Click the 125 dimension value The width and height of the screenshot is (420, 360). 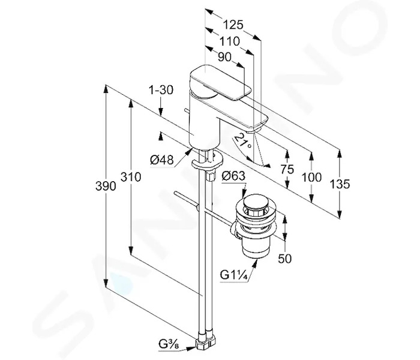233,25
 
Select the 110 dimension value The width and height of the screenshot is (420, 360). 230,41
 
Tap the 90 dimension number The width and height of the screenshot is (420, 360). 224,57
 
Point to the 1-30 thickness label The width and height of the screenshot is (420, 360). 161,90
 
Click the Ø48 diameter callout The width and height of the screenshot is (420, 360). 162,160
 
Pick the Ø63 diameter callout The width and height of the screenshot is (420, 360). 233,176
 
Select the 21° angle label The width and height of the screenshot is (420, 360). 243,141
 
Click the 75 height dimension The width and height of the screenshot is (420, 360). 287,169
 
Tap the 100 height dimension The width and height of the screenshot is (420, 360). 311,177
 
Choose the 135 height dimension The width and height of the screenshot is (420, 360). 340,184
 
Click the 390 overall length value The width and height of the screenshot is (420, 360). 106,186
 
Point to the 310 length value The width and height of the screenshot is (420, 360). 131,177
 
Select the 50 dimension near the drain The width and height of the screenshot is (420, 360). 285,259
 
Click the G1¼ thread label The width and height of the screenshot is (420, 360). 233,275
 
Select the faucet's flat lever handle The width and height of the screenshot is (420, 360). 220,82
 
